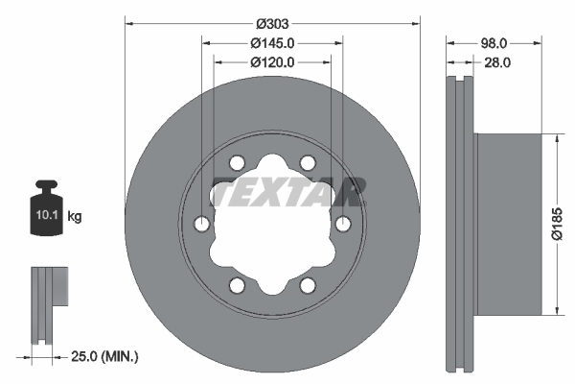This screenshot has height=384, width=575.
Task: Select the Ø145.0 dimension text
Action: (x=272, y=43)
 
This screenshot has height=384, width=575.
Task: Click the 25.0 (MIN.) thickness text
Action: (x=105, y=356)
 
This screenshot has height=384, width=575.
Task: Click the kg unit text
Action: (x=75, y=217)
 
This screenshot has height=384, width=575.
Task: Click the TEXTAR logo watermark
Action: (x=287, y=192)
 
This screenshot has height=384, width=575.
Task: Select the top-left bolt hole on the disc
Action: (x=237, y=162)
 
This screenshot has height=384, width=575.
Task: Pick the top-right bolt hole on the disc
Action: (x=308, y=162)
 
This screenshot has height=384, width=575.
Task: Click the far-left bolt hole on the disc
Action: (x=201, y=224)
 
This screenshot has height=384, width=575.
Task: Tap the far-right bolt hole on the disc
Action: (x=343, y=224)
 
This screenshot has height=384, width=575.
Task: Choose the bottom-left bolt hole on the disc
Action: (x=237, y=285)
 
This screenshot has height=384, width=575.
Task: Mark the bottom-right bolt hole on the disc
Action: (x=308, y=285)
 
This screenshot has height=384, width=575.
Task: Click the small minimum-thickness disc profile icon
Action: (x=48, y=302)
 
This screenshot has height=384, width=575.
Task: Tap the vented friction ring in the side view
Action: (x=461, y=223)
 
